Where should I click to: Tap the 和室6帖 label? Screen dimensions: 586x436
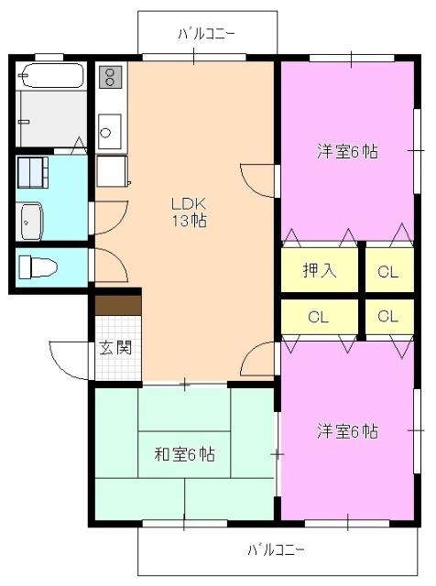(184, 453)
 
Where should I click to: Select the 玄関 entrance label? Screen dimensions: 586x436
(115, 347)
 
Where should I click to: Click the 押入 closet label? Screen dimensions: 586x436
(320, 270)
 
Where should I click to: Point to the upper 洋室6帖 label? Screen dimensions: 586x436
(347, 152)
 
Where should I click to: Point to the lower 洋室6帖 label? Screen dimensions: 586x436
(347, 430)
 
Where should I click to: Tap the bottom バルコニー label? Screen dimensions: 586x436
(276, 550)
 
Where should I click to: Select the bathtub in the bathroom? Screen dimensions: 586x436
(51, 75)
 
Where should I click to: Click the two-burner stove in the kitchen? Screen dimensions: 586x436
(109, 77)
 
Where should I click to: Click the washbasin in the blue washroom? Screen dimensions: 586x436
(31, 220)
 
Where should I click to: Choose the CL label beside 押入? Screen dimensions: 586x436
(387, 270)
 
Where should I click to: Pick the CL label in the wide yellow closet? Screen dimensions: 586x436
(318, 318)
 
